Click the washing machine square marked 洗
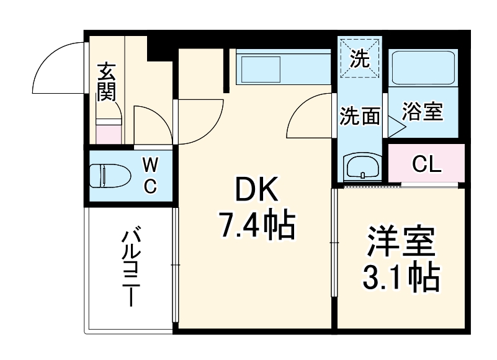point(359,57)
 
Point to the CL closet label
point(426,164)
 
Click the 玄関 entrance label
point(107,81)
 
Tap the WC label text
point(150,175)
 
